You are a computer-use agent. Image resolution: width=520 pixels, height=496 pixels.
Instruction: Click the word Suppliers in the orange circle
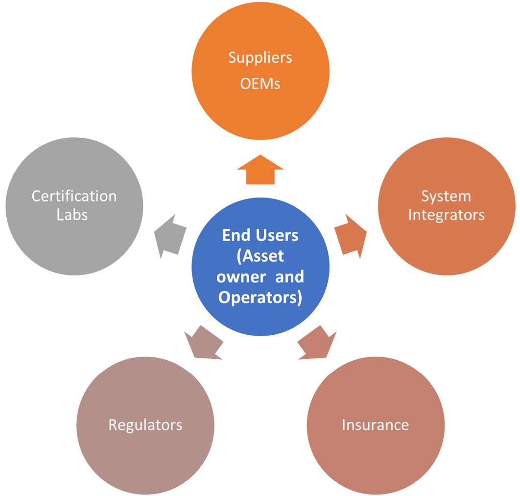(x=260, y=58)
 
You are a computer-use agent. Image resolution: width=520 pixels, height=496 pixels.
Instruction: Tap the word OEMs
(x=260, y=84)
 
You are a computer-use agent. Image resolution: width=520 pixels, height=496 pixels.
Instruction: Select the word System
(x=446, y=196)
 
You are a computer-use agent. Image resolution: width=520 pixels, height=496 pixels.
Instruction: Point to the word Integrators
(x=446, y=215)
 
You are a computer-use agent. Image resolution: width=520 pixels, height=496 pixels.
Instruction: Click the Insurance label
(x=375, y=424)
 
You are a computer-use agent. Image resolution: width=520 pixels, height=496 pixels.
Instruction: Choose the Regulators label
(x=145, y=424)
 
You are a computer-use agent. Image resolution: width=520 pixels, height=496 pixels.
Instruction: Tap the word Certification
(x=74, y=196)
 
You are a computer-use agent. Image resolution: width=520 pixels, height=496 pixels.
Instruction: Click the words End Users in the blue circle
(x=260, y=235)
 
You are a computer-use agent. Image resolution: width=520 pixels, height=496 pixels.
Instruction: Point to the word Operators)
(x=260, y=297)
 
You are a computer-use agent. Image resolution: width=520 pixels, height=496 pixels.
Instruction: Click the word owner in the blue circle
(x=237, y=276)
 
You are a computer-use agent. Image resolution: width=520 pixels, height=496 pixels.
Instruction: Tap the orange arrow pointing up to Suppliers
(x=260, y=170)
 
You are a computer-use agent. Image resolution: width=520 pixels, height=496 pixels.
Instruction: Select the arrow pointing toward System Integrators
(x=351, y=236)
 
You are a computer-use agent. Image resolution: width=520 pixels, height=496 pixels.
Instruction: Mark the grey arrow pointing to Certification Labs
(x=169, y=236)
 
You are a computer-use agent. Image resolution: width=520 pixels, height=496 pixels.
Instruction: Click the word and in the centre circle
(x=289, y=276)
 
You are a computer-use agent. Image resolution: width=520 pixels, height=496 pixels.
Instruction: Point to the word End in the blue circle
(x=233, y=235)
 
